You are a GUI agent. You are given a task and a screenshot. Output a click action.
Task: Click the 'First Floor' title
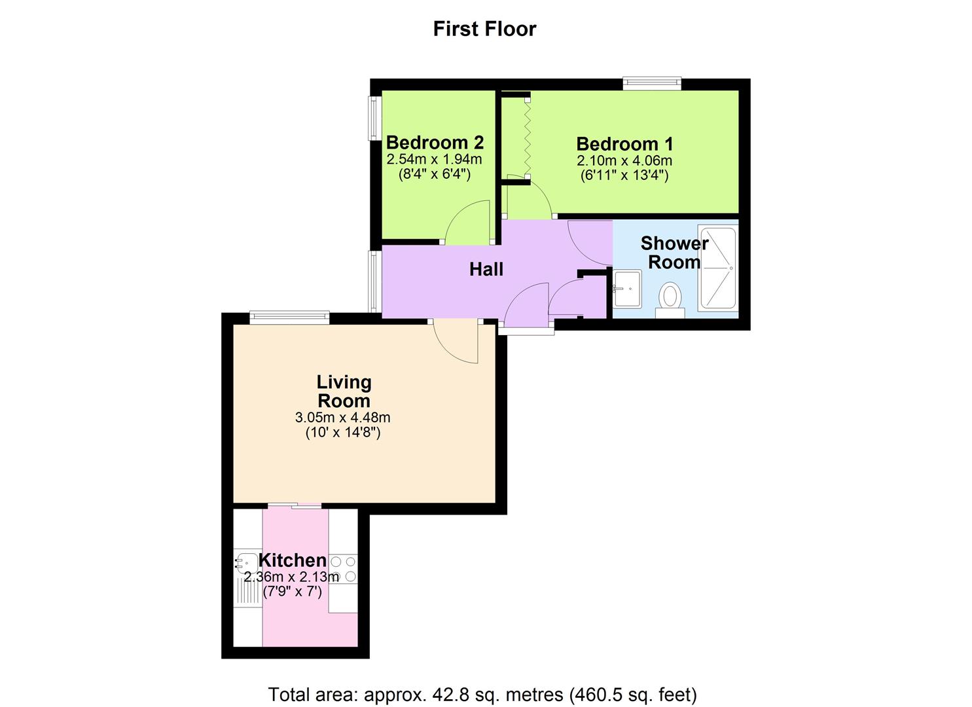[x=484, y=29]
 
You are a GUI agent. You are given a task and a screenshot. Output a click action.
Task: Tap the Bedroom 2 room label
[x=435, y=142]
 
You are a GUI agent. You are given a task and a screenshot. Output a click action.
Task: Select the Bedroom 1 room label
[x=624, y=144]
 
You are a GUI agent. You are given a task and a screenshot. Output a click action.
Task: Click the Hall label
[x=486, y=269]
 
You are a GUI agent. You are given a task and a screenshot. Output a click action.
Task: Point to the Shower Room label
[x=674, y=253]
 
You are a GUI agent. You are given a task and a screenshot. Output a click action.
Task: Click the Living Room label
[x=344, y=391]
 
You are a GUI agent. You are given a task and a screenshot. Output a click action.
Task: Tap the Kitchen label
[x=293, y=560]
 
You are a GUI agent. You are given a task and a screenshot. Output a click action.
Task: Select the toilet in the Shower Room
[x=670, y=298]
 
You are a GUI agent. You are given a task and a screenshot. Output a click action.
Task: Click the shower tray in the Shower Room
[x=718, y=268]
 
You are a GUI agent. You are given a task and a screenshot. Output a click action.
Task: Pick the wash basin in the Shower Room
[x=626, y=288]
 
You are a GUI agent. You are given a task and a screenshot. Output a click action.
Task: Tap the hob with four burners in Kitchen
[x=343, y=569]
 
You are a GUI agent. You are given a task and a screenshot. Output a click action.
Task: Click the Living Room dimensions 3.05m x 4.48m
[x=343, y=418]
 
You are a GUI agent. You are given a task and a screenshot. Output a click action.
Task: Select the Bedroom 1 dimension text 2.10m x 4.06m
[x=624, y=160]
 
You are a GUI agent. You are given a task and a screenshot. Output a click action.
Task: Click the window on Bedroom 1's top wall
[x=652, y=83]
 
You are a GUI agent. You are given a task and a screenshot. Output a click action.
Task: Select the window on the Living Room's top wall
[x=289, y=318]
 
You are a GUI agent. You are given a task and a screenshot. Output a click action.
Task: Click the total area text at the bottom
[x=482, y=694]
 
